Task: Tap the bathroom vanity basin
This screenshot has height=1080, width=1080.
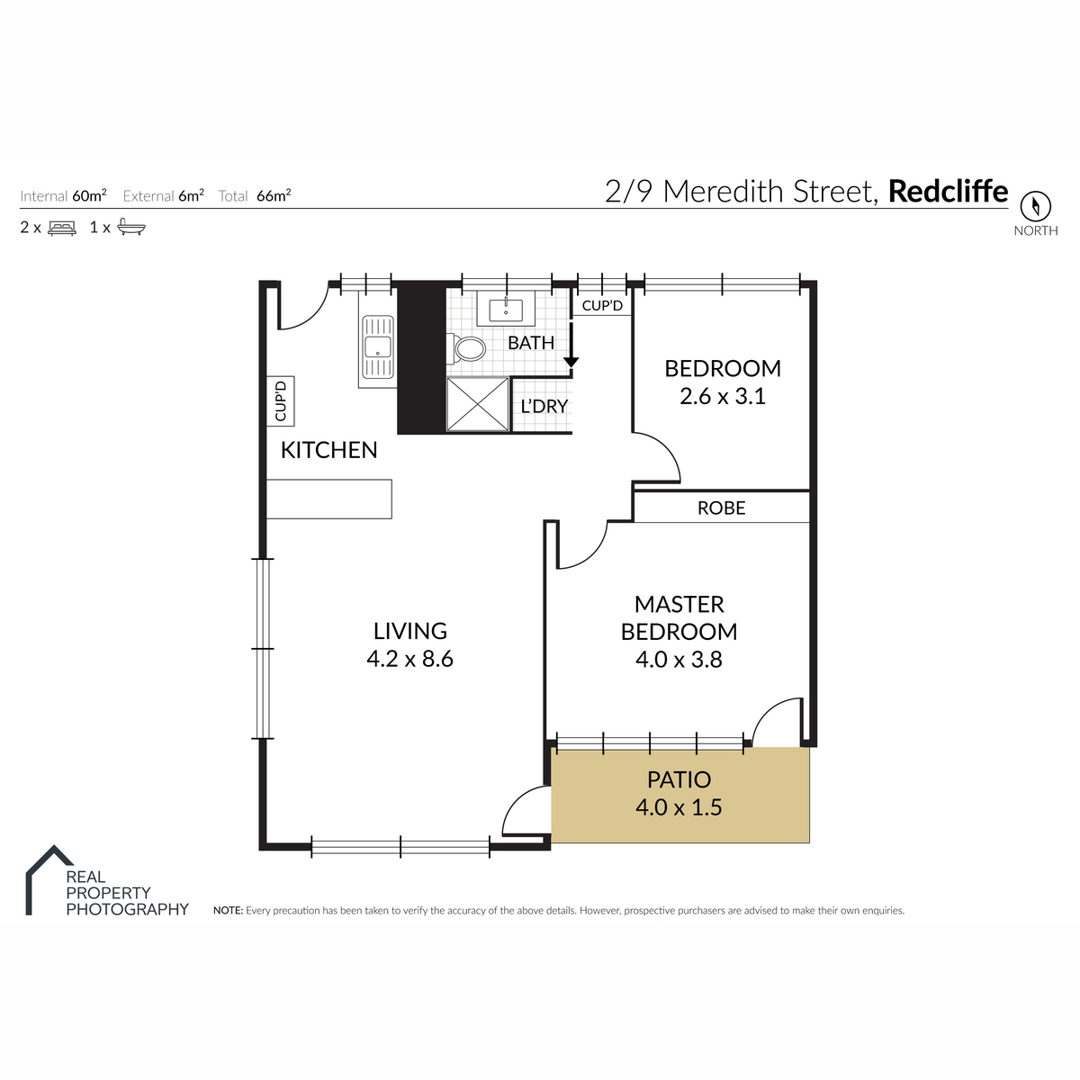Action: (506, 310)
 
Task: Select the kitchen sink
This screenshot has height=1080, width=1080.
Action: (378, 346)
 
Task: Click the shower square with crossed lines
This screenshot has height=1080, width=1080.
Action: (478, 404)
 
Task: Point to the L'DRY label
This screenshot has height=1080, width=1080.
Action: (544, 406)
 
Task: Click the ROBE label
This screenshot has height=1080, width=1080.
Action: (721, 508)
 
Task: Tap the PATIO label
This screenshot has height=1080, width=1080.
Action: (679, 779)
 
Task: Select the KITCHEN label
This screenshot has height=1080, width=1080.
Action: (329, 450)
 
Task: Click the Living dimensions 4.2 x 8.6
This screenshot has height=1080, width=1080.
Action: (409, 659)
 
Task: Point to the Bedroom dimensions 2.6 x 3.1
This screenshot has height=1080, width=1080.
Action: (723, 396)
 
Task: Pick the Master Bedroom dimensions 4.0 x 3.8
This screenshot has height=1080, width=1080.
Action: (679, 660)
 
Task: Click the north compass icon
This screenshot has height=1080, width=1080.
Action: (1035, 206)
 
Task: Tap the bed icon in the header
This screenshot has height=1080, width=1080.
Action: (62, 228)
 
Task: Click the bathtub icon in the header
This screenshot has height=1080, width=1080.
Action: (131, 227)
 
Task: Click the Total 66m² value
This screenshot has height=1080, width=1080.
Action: (274, 195)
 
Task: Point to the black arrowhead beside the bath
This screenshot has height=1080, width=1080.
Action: (571, 362)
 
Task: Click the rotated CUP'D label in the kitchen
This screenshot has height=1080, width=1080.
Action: (281, 400)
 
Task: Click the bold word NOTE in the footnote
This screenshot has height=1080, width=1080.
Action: (228, 911)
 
